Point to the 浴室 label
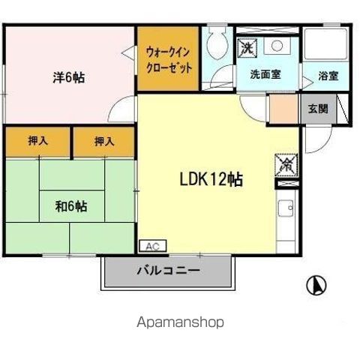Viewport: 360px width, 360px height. point(328,76)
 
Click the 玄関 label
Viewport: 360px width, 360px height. point(318,108)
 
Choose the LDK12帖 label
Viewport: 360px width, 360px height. point(211,180)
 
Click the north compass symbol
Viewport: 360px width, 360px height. point(317,285)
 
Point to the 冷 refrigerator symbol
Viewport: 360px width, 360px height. point(286,163)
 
